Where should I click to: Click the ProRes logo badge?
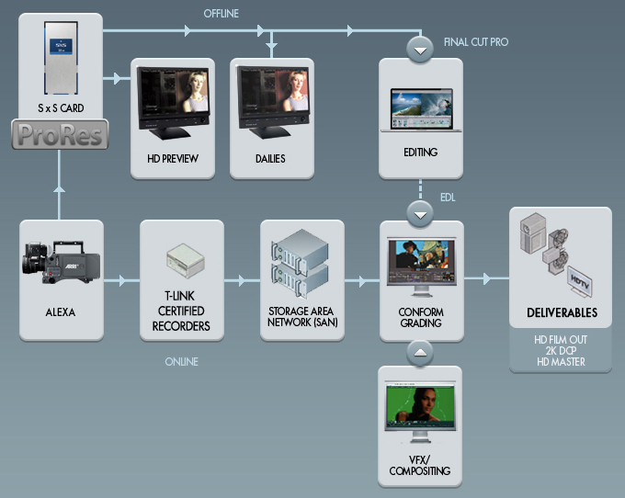pyautogui.click(x=61, y=136)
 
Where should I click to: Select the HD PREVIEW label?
pyautogui.click(x=173, y=159)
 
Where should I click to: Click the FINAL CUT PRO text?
pyautogui.click(x=475, y=42)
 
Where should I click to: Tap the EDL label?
pyautogui.click(x=447, y=196)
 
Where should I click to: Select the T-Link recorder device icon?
pyautogui.click(x=181, y=262)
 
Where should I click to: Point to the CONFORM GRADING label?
pyautogui.click(x=420, y=317)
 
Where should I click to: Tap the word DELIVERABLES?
pyautogui.click(x=560, y=313)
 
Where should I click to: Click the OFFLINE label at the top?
pyautogui.click(x=222, y=12)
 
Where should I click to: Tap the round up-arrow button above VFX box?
pyautogui.click(x=420, y=351)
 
